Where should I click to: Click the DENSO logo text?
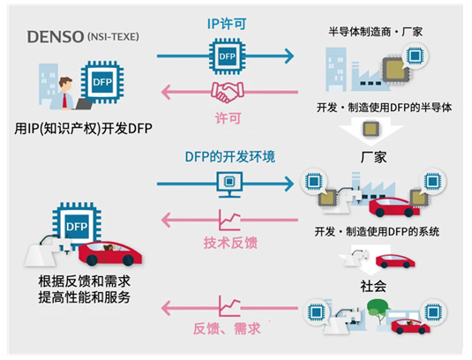coord(56,37)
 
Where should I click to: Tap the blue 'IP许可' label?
coord(227,24)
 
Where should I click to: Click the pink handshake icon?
coord(228,92)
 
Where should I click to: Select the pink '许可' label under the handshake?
coord(228,118)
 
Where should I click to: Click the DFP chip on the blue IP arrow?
coord(228,56)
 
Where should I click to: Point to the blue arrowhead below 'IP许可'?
coord(289,56)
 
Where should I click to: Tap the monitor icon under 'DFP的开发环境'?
coord(229,184)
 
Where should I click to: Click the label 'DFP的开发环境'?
coord(230,157)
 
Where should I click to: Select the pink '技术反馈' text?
coord(230,243)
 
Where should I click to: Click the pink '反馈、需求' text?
coord(227,328)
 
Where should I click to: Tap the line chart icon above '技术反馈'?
coord(229,220)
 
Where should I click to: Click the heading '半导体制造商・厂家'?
coord(375,32)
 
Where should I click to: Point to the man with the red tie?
coord(64,94)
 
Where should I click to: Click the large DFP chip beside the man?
coord(102,82)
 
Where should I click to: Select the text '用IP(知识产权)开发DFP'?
coord(83,129)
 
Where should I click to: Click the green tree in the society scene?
coord(378,310)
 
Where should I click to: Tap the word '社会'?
coord(373,286)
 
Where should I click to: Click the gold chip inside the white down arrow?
coord(371,129)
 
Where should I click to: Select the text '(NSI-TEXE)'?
coord(113,37)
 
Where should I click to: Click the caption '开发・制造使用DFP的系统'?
coord(377,231)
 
